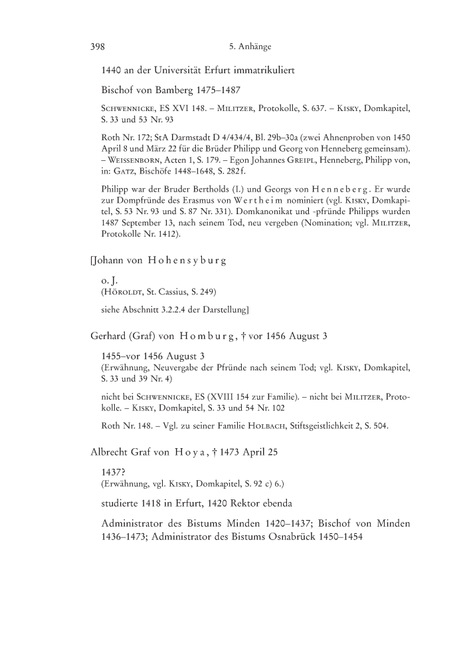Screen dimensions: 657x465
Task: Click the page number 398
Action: pos(98,47)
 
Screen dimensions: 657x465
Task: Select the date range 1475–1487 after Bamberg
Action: pos(213,88)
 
